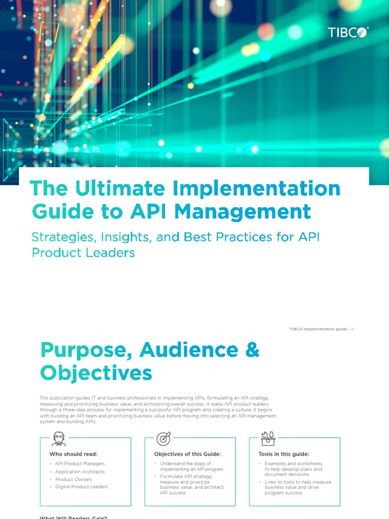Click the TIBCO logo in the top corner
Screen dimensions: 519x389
point(348,32)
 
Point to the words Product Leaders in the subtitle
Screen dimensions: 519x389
point(83,252)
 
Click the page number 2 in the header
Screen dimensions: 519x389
point(352,329)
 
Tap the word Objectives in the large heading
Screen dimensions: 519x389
point(96,373)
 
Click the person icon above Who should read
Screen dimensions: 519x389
point(59,438)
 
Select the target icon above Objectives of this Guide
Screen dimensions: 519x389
point(164,438)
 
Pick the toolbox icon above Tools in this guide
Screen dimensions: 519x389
point(268,438)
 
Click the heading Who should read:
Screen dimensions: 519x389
point(73,454)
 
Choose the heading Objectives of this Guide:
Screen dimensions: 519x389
point(187,454)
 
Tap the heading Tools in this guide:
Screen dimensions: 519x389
point(284,454)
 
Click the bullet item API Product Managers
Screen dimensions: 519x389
point(80,464)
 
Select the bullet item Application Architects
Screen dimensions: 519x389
point(80,472)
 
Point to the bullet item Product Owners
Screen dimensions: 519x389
point(73,479)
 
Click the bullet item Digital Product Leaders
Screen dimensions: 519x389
point(82,487)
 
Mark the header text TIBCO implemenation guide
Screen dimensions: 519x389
point(318,329)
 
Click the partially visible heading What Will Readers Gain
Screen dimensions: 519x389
point(73,516)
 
